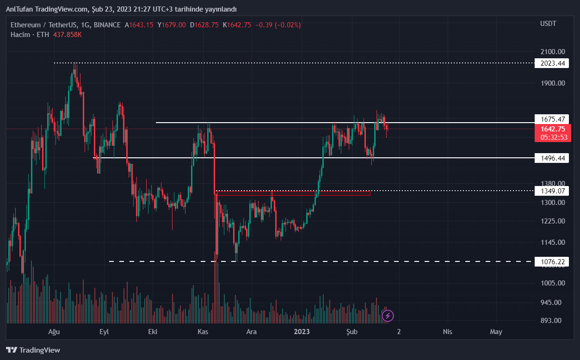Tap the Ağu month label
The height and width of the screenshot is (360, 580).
(55, 332)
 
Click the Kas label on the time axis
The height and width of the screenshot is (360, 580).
(203, 332)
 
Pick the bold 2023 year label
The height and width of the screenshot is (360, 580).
(302, 332)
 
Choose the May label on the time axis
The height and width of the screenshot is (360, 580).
(496, 332)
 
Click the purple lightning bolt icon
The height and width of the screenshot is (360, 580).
(388, 316)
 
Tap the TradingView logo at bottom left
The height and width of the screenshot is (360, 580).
(33, 350)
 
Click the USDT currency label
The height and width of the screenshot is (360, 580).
(548, 24)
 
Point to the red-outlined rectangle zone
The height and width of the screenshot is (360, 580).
(294, 193)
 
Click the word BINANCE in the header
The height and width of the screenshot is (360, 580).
(107, 25)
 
